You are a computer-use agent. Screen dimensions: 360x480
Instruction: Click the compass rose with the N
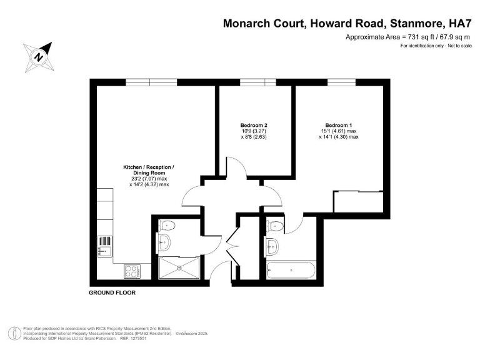(x=39, y=57)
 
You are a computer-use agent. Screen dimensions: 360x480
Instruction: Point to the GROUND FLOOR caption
(x=112, y=292)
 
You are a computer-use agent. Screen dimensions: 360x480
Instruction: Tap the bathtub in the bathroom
(x=291, y=271)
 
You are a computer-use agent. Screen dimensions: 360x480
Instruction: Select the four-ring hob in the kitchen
(x=132, y=271)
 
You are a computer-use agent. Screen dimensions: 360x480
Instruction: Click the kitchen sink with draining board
(x=104, y=246)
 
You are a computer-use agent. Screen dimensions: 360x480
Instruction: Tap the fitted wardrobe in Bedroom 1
(x=359, y=202)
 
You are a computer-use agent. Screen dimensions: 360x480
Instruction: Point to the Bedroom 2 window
(x=257, y=81)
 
